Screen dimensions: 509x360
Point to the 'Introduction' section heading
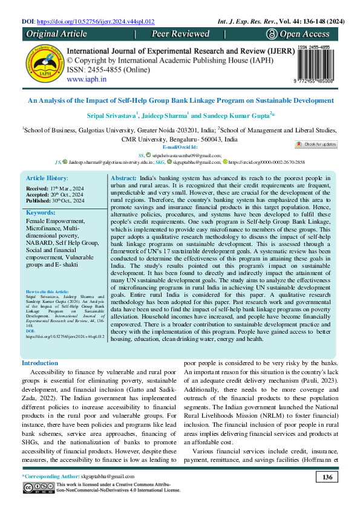tap(40, 363)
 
